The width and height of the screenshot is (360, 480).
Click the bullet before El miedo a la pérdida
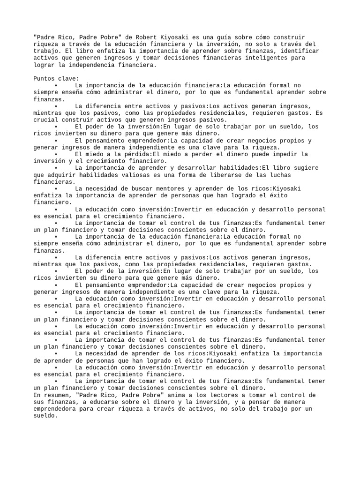(56, 154)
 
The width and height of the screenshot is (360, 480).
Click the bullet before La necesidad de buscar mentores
(56, 188)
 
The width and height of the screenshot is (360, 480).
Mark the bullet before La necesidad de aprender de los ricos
(56, 354)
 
